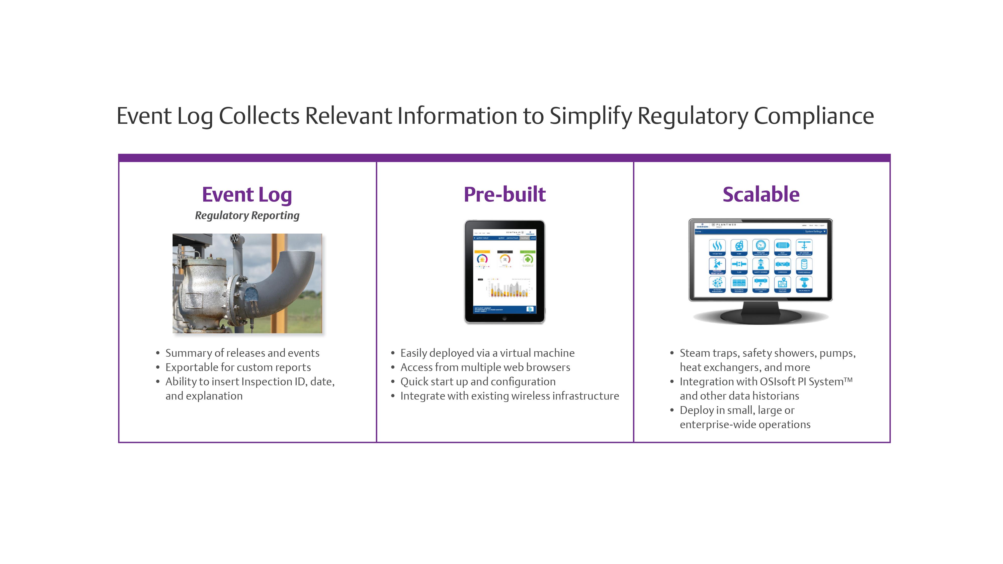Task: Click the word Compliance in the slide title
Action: pos(813,116)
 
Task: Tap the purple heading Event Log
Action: pos(247,194)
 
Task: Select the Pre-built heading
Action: pos(505,194)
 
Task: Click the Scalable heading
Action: pos(761,194)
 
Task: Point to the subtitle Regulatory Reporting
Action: pos(247,215)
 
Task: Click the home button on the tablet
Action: pos(505,318)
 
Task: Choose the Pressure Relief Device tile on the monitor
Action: pos(717,265)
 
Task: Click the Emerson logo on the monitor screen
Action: pos(702,226)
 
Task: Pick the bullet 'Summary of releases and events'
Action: pos(242,353)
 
